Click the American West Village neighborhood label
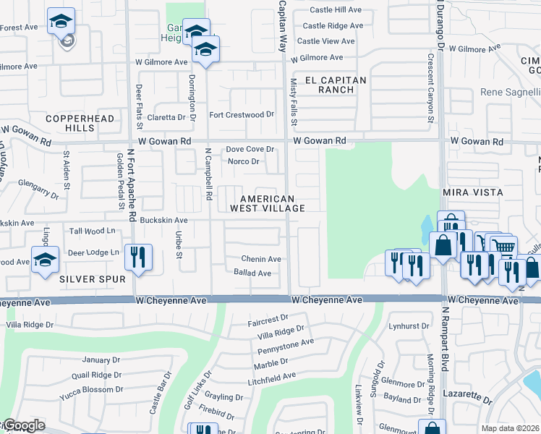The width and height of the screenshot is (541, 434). (267, 203)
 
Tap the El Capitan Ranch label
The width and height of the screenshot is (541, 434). (336, 85)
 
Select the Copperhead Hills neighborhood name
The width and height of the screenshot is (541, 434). (69, 122)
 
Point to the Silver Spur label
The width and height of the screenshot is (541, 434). (93, 278)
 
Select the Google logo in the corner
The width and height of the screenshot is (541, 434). (23, 425)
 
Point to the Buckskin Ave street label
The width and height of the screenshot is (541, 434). (163, 220)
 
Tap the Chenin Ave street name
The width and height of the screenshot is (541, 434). (261, 259)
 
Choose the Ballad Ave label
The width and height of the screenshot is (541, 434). (252, 273)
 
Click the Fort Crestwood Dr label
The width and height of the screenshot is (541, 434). (242, 114)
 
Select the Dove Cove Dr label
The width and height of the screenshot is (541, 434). (250, 149)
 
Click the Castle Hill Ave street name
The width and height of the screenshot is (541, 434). (336, 9)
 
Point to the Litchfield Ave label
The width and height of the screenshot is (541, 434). (271, 376)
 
